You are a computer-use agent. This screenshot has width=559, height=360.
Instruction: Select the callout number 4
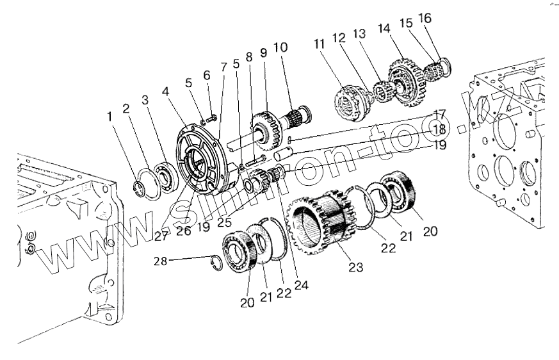(166, 92)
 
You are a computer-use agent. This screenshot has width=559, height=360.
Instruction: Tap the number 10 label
(280, 47)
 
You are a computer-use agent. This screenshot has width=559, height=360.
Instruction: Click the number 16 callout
(425, 18)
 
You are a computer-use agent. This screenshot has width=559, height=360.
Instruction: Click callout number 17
(440, 116)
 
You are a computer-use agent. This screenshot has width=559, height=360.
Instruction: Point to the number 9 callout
(263, 53)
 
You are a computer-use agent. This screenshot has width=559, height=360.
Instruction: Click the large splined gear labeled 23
(320, 218)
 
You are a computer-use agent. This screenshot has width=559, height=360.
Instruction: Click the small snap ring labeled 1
(145, 187)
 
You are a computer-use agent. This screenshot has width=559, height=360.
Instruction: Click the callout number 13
(359, 33)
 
